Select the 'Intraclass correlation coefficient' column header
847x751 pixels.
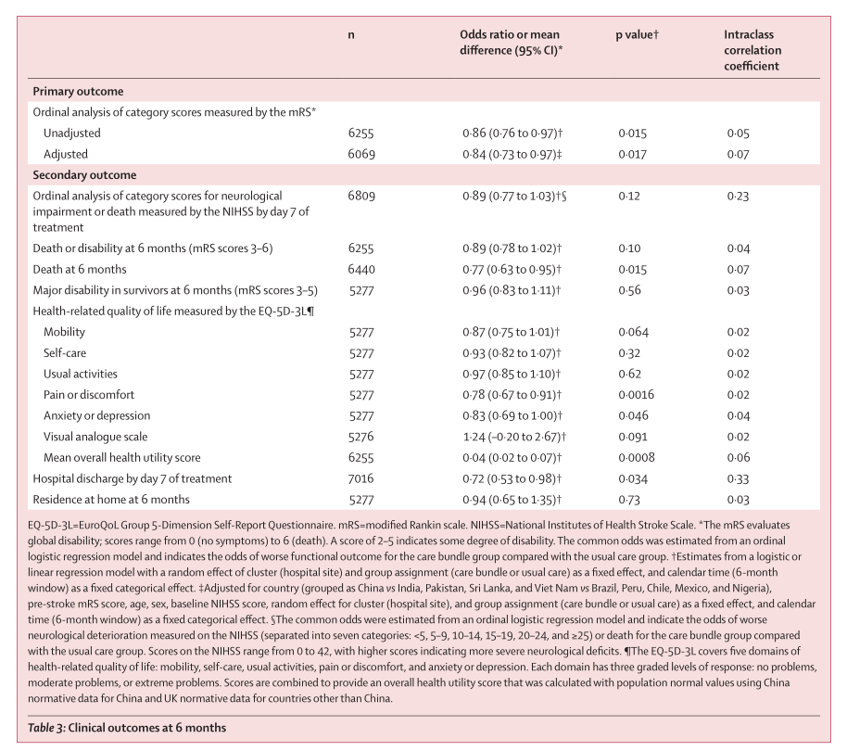tap(752, 50)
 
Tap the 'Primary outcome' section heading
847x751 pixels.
tap(78, 91)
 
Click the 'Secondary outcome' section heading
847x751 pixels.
tap(84, 175)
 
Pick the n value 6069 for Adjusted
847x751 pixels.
tap(361, 155)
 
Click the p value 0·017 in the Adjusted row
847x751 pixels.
tap(632, 155)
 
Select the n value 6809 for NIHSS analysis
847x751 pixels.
tap(361, 197)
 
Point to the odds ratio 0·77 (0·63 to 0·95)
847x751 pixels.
tap(512, 270)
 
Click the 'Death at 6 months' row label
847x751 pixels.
tap(80, 270)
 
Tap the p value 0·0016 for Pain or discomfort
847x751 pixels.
tap(636, 395)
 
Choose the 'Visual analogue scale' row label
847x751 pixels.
tap(95, 437)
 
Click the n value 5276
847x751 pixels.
tap(361, 437)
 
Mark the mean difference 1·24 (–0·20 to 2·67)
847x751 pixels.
tap(514, 437)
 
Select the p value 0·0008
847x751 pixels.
tap(637, 458)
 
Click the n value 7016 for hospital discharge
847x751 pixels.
tap(360, 478)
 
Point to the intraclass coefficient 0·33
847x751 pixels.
tap(738, 478)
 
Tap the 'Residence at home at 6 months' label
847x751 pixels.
tap(110, 500)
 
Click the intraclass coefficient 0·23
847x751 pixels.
tap(738, 197)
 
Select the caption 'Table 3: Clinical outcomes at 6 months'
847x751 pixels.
tap(127, 728)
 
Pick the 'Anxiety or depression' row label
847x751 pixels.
tap(96, 416)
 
